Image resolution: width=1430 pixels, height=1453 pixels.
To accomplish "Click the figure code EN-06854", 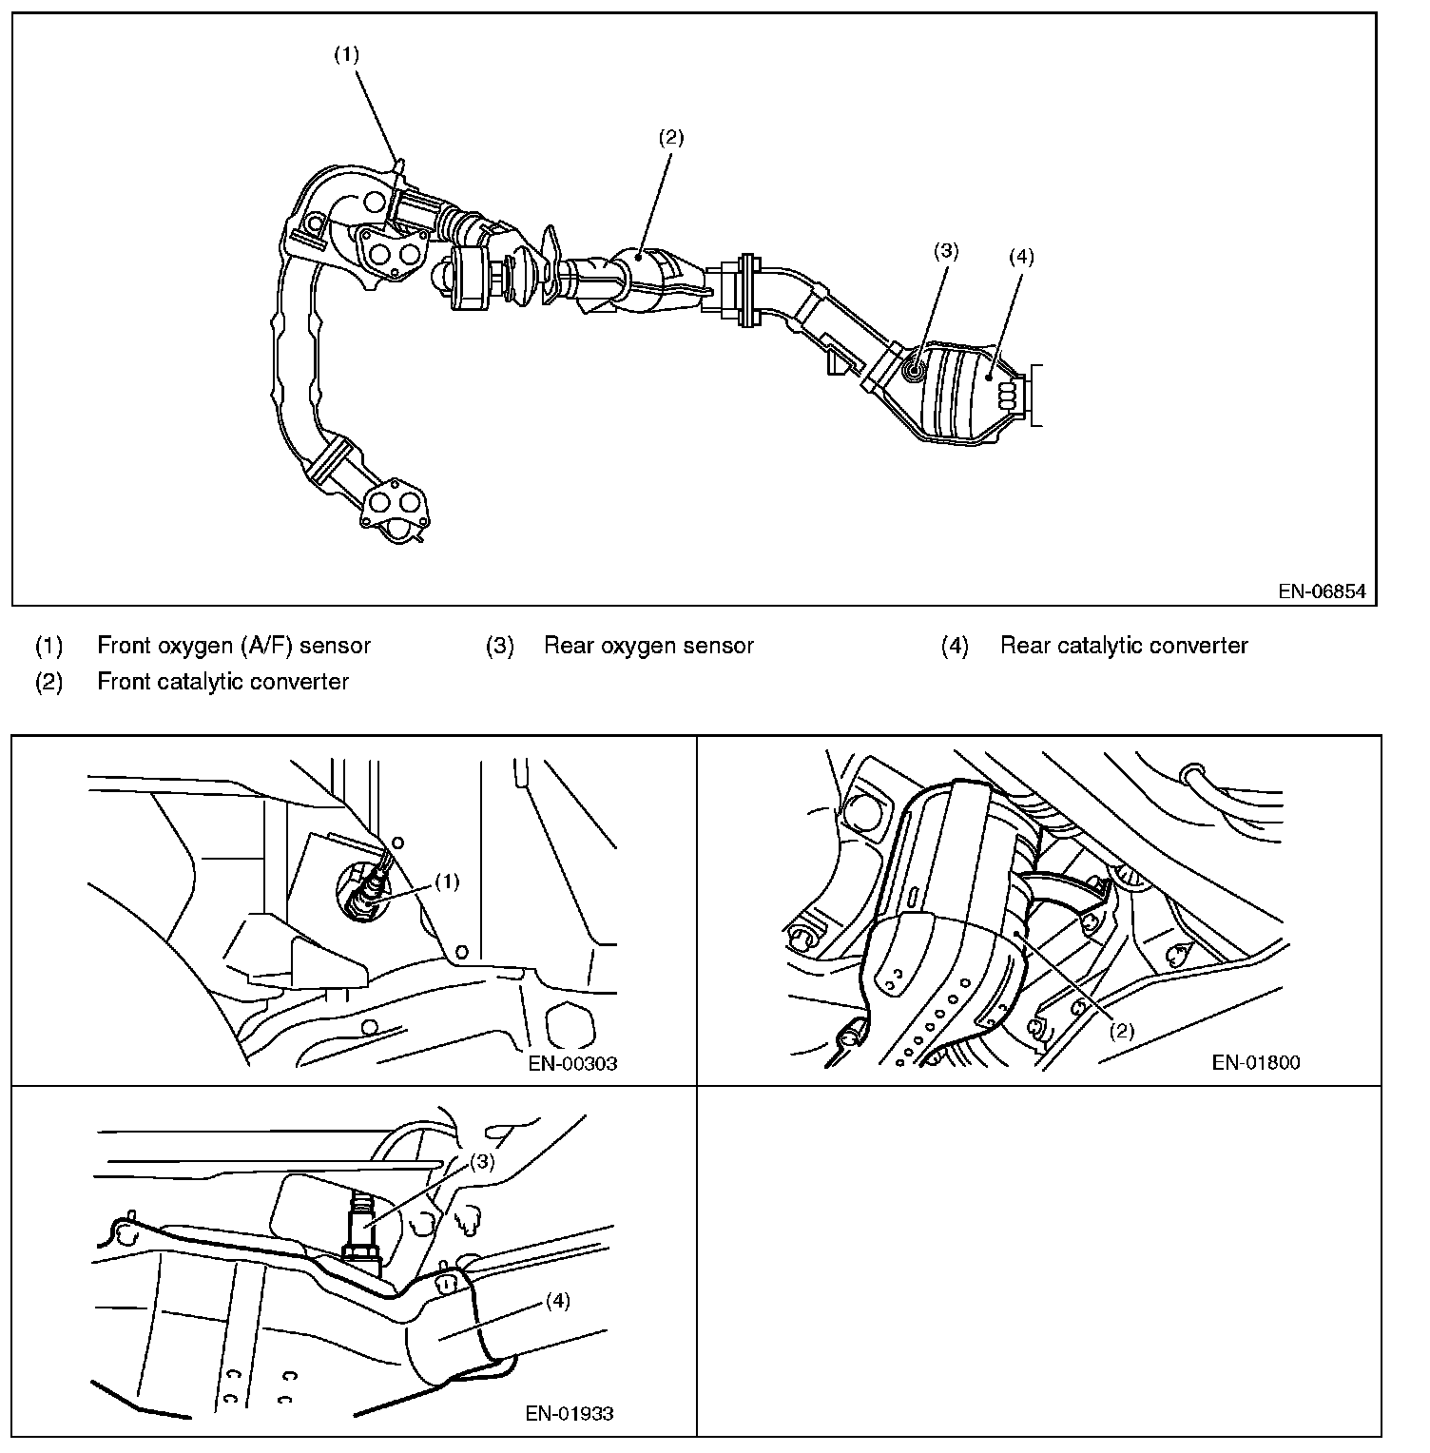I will point(1322,591).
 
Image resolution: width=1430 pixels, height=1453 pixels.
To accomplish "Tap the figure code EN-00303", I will point(572,1063).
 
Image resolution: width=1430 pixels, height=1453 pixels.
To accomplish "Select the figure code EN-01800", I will point(1256,1062).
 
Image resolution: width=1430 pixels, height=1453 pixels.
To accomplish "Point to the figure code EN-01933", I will point(570,1413).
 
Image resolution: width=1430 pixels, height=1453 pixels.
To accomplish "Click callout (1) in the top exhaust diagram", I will point(346,54).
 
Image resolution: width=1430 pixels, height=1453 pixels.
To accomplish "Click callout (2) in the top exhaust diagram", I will point(670,136).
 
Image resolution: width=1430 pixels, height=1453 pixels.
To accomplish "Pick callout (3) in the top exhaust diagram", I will point(945,251).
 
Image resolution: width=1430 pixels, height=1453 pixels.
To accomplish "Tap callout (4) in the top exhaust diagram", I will point(1020,256).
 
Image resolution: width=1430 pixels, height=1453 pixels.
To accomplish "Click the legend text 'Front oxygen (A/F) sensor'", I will point(234,646).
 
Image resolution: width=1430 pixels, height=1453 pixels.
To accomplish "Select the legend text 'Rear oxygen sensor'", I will point(648,646).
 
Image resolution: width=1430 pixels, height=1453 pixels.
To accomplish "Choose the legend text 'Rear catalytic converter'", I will point(1124,646).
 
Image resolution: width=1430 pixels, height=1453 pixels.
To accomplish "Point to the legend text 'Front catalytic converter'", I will point(222,682).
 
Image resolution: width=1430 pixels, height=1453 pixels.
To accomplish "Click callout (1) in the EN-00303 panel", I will point(446,881).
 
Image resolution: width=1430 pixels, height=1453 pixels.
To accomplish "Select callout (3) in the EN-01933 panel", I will point(483,1161).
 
